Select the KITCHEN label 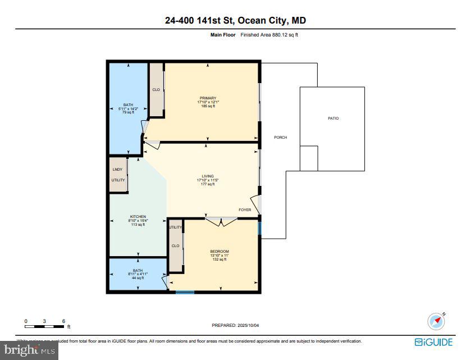click(x=138, y=216)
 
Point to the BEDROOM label click(x=220, y=251)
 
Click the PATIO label click(x=333, y=119)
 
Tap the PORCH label click(x=280, y=138)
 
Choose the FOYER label click(x=245, y=210)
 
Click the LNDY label click(x=117, y=169)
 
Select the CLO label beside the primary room click(x=156, y=90)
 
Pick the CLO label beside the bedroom click(x=176, y=245)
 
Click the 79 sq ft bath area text click(x=128, y=112)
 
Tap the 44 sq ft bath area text click(x=138, y=278)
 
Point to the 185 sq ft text click(x=208, y=106)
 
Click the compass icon click(x=436, y=321)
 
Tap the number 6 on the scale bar click(x=63, y=321)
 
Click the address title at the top click(x=235, y=21)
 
